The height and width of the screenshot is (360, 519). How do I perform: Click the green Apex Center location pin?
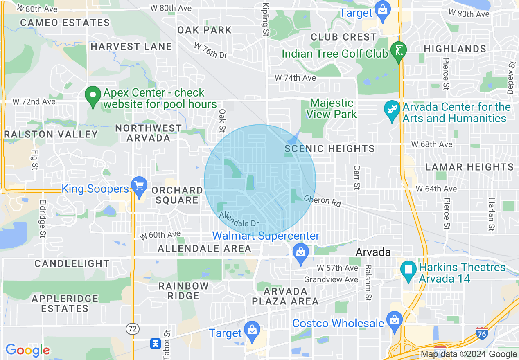[x=93, y=96]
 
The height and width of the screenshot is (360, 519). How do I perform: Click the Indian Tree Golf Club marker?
[x=398, y=51]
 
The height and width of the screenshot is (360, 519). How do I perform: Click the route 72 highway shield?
[x=132, y=328]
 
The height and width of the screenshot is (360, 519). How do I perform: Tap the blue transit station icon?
[x=156, y=343]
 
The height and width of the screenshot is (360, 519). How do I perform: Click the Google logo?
[x=27, y=350]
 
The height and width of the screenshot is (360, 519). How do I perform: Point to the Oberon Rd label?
[x=322, y=200]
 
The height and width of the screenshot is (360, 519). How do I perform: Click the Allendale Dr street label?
[x=239, y=220]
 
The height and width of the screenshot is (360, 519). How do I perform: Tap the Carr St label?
[x=357, y=178]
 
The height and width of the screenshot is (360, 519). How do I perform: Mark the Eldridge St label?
[x=42, y=218]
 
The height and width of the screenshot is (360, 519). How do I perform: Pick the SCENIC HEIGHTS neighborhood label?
[x=329, y=148]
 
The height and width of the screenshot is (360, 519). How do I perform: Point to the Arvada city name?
[x=373, y=252]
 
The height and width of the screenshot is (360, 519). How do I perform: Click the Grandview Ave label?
[x=331, y=280]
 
